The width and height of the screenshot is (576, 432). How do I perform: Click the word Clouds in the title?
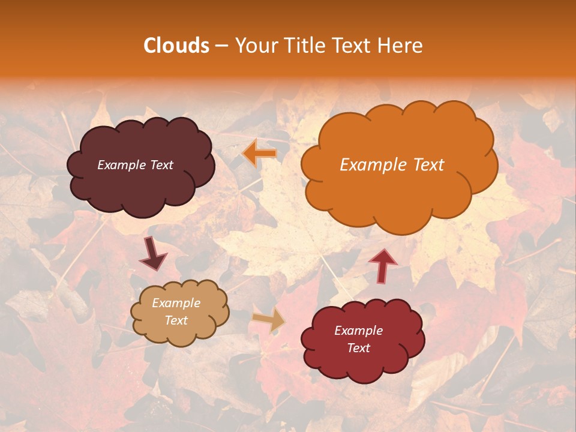176,46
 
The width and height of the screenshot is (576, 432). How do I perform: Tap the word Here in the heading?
399,46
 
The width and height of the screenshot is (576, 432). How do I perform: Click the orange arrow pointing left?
259,154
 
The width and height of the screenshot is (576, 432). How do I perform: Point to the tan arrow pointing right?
269,320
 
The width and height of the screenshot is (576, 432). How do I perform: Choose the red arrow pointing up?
383,265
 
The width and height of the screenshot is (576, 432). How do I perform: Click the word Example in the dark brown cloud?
122,165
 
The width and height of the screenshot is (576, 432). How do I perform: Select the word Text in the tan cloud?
176,320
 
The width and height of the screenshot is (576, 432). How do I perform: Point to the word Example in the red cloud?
358,331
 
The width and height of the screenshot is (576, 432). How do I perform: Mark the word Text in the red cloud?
358,348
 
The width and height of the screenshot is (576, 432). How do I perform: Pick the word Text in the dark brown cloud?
161,165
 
